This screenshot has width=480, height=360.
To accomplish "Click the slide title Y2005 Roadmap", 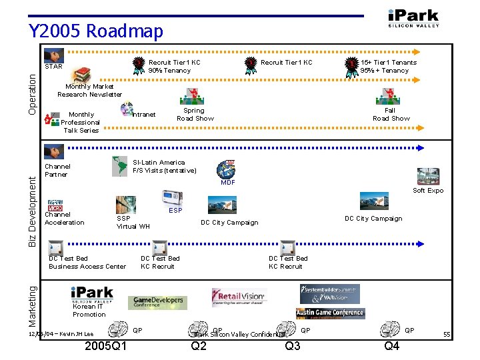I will click(95, 31).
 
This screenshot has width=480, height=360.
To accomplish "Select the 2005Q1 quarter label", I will click(107, 346).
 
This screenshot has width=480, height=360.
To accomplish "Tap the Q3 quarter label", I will click(293, 346).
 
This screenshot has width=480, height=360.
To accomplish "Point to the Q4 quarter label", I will click(392, 346).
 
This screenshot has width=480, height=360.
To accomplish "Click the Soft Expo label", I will click(428, 191).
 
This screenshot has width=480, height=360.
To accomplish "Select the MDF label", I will click(228, 182).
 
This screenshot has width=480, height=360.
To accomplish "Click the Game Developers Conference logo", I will click(157, 301).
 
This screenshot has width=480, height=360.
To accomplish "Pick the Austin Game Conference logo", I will click(330, 313).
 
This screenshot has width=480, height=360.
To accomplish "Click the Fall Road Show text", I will click(391, 115).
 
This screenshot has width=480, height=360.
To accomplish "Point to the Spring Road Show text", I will click(195, 115).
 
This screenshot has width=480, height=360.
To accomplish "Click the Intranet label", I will click(145, 115).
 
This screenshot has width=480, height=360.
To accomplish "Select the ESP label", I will click(175, 211).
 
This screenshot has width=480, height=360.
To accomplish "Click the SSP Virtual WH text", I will click(133, 223).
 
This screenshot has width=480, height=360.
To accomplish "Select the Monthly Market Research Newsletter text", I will click(89, 91).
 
